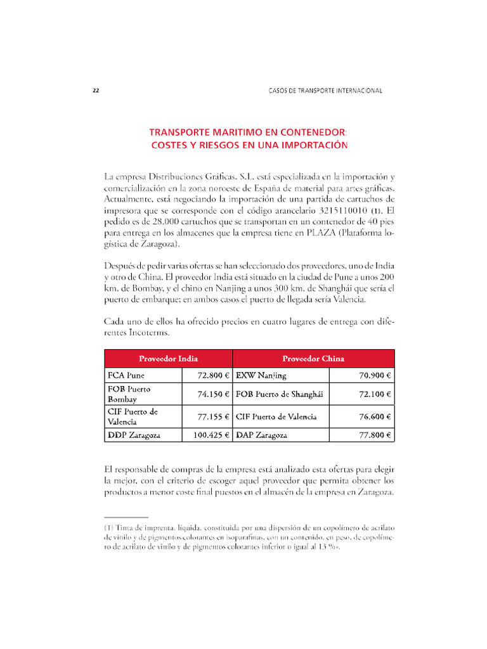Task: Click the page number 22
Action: tap(96, 91)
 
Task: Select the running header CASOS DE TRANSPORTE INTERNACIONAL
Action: tap(325, 91)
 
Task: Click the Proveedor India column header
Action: tap(168, 358)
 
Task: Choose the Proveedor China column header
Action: tap(313, 358)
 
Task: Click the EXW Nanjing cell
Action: tap(261, 375)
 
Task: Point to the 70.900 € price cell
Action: tap(375, 375)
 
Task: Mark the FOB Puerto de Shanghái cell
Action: tap(279, 394)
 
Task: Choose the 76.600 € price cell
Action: tap(375, 416)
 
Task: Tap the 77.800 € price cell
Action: tap(375, 435)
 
